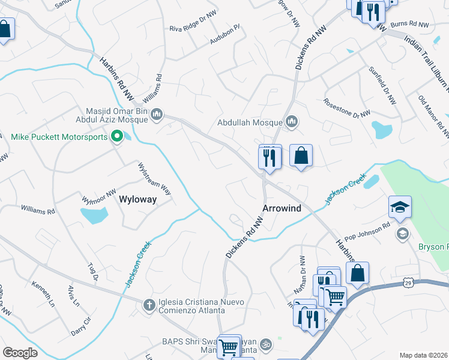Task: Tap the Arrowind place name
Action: [282, 208]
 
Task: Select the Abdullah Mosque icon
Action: [292, 122]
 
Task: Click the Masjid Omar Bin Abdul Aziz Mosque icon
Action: [157, 113]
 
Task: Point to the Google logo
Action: [20, 353]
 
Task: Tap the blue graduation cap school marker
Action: [400, 206]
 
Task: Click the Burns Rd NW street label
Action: [409, 24]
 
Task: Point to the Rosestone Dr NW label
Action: [347, 109]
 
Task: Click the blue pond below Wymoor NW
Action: [94, 215]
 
